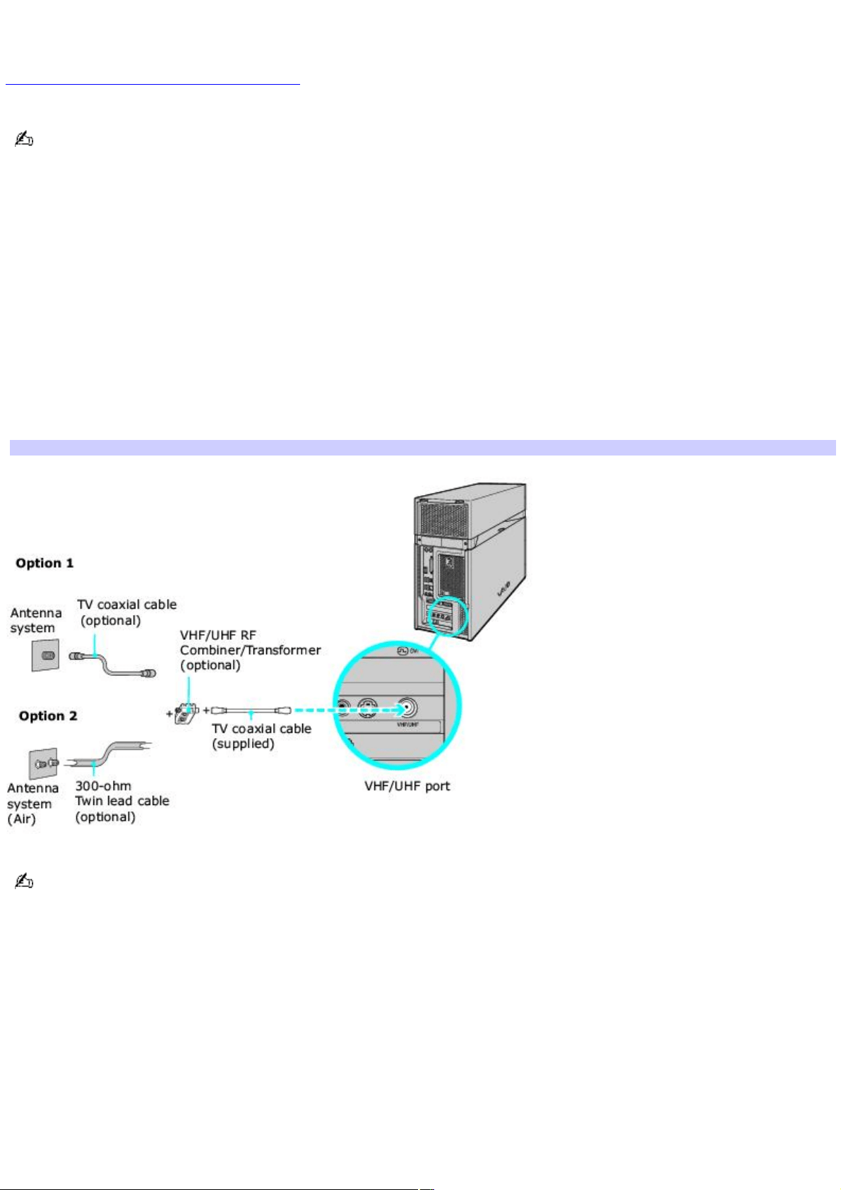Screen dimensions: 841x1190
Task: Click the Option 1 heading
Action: click(x=44, y=563)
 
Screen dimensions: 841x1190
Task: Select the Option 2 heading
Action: click(x=48, y=716)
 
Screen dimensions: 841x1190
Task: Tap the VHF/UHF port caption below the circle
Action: click(x=407, y=786)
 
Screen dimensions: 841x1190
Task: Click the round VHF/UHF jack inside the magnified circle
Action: click(x=407, y=708)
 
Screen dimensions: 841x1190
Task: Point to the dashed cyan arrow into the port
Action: click(x=347, y=710)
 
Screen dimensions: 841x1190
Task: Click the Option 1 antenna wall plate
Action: click(x=44, y=655)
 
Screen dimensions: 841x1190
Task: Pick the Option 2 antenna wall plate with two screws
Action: click(x=43, y=764)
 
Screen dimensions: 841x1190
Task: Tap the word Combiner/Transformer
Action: click(x=250, y=650)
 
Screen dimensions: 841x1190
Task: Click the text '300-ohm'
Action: click(x=103, y=786)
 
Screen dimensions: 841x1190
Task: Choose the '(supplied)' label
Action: click(x=243, y=744)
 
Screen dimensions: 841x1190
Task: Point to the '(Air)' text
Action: click(x=21, y=819)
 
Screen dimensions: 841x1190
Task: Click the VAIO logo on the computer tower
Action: click(x=503, y=589)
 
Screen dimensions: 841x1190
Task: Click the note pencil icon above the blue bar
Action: click(x=23, y=140)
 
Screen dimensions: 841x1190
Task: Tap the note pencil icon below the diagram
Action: click(x=23, y=881)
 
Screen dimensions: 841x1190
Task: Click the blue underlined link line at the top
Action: click(x=153, y=84)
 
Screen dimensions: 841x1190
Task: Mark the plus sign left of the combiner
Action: click(x=169, y=713)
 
